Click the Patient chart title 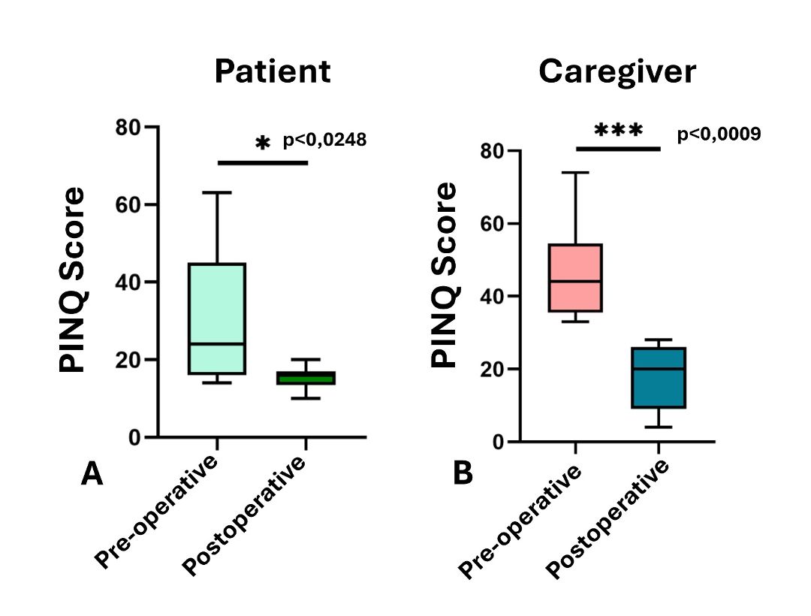273,71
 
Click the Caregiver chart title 617,72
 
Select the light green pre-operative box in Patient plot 217,318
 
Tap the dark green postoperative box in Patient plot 306,378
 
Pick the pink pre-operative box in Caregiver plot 575,278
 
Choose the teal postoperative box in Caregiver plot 659,378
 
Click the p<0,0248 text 325,140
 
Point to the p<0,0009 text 719,134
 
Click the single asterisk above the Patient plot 263,142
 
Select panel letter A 92,474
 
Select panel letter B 463,473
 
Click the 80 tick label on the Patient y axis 128,127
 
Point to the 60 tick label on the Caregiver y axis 493,224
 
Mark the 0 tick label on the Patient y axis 134,437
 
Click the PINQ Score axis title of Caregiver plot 445,275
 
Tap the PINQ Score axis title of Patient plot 72,279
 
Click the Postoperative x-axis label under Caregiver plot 607,519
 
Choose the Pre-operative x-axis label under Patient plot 156,512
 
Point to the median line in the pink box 575,282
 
